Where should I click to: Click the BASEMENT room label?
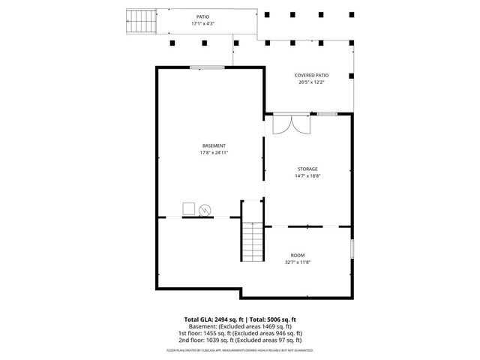click(x=214, y=145)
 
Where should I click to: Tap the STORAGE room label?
click(x=307, y=169)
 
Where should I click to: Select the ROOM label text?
click(x=298, y=256)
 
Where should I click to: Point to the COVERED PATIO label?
click(x=311, y=76)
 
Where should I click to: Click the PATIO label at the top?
click(x=202, y=16)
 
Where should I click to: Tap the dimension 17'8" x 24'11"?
click(x=214, y=153)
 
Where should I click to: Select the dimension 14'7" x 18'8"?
click(x=307, y=177)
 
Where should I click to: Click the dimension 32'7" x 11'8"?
click(x=298, y=262)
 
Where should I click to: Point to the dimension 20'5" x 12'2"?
click(x=311, y=82)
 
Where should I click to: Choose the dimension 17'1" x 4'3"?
click(x=202, y=24)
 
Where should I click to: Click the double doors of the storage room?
click(x=290, y=124)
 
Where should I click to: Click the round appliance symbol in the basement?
click(x=205, y=210)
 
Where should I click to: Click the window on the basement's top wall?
click(x=205, y=67)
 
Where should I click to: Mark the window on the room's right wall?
click(x=352, y=249)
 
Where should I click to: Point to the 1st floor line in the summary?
click(x=240, y=333)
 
